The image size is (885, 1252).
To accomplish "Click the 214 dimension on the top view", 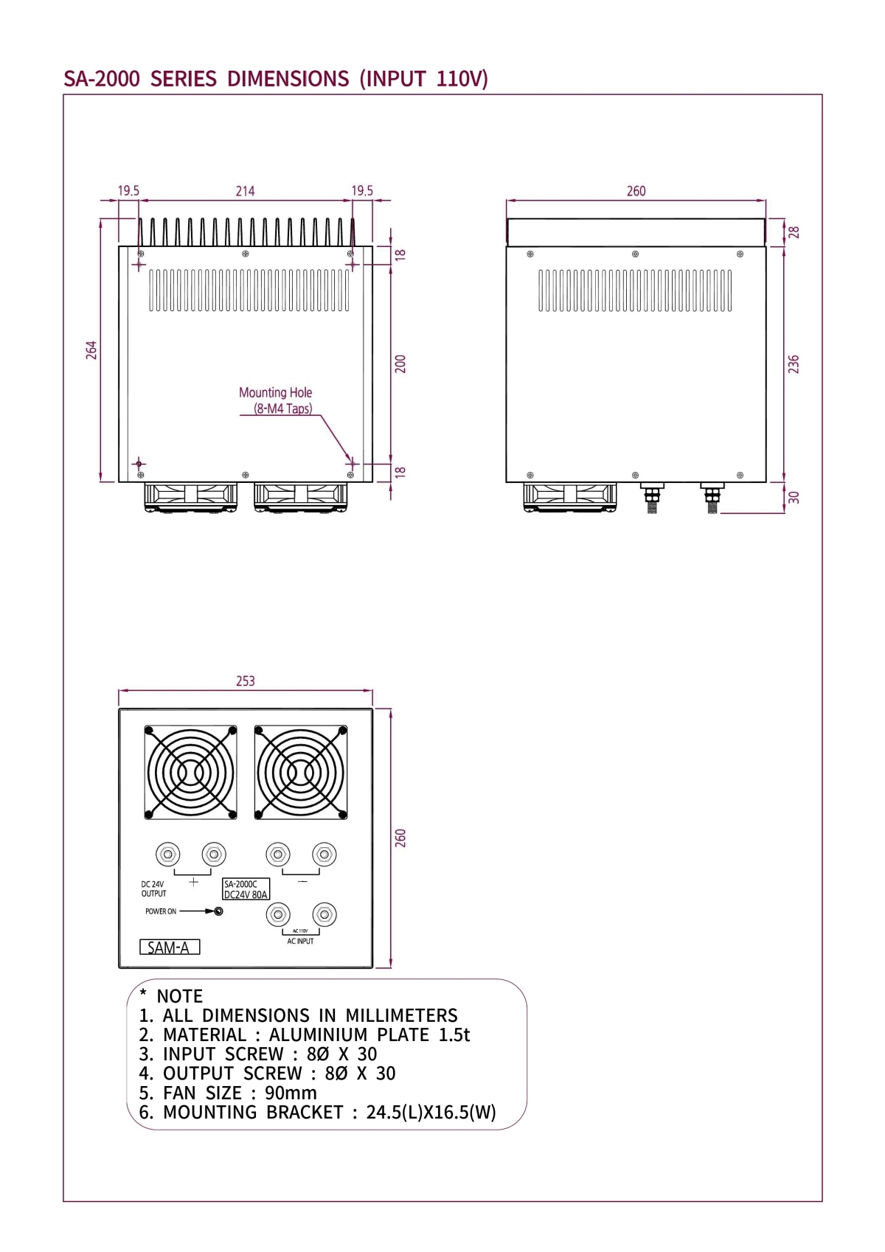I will click(245, 191).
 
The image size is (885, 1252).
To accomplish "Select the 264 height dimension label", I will click(91, 349).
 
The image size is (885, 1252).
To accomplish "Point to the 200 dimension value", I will click(400, 364).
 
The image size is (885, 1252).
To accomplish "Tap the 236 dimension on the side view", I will click(794, 364).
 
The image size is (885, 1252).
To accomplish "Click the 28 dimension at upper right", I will click(794, 232).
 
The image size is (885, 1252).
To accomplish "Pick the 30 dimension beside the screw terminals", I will click(794, 497).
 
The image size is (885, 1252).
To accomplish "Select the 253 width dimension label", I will click(246, 681).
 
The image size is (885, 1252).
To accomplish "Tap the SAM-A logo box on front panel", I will click(170, 947).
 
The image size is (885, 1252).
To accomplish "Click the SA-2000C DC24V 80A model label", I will click(246, 889).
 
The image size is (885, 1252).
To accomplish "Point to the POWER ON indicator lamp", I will click(218, 911).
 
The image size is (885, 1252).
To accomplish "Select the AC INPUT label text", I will click(300, 942).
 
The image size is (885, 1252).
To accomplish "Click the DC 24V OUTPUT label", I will click(153, 888).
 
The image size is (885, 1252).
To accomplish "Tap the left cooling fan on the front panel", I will click(191, 773).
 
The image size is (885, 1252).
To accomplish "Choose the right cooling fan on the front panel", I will click(301, 773).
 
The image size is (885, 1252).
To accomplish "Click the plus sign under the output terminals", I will click(194, 881).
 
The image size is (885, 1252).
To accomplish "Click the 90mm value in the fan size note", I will click(291, 1093).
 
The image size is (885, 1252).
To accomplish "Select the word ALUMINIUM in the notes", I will click(319, 1035).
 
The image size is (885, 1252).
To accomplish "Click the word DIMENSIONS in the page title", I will click(288, 79).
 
